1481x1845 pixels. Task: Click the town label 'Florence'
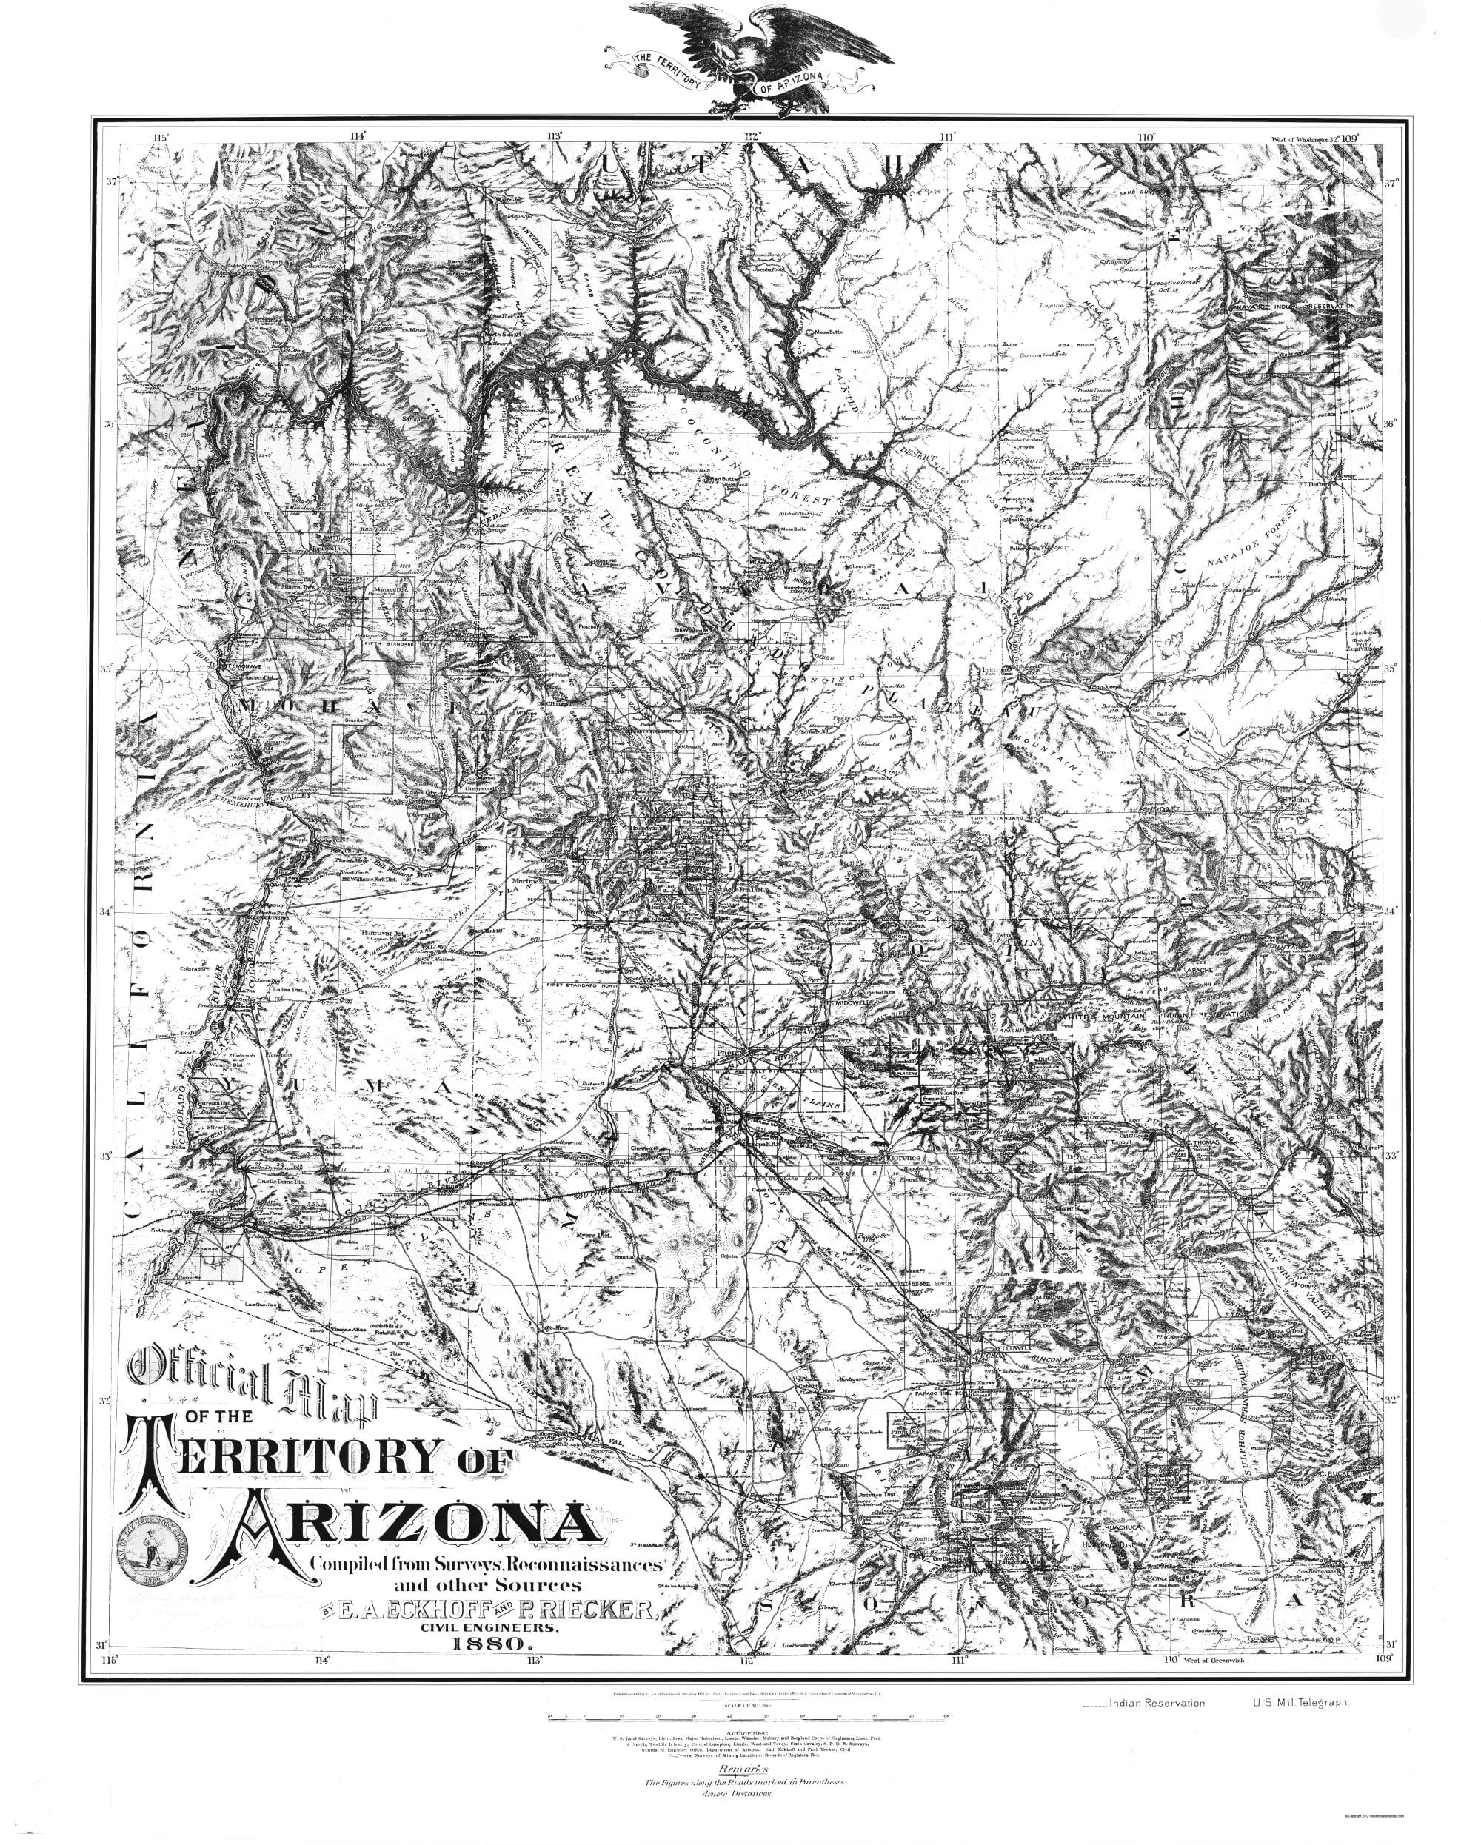click(904, 1159)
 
